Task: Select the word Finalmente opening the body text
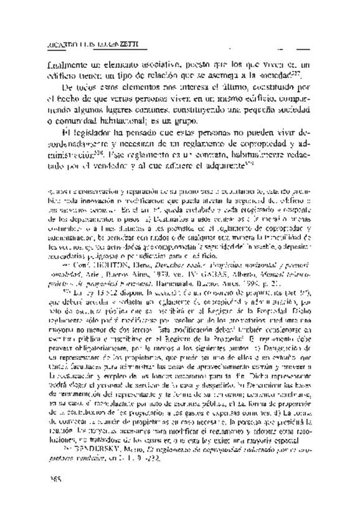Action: [69, 63]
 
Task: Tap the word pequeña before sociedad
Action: [247, 107]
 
